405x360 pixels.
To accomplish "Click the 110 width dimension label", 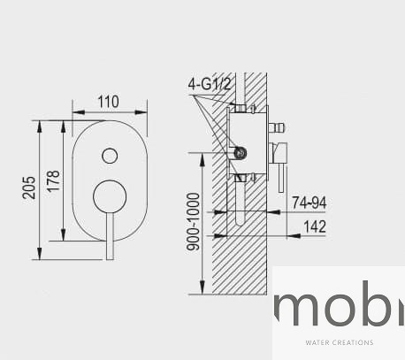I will pos(108,101).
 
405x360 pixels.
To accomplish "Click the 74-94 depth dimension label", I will pos(309,203).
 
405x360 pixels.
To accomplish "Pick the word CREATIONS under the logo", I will pos(355,342).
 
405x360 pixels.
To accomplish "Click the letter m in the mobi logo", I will pos(296,307).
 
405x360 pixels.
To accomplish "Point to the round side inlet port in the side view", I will pos(237,152).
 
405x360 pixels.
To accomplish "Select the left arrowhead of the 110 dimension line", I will pos(75,113).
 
